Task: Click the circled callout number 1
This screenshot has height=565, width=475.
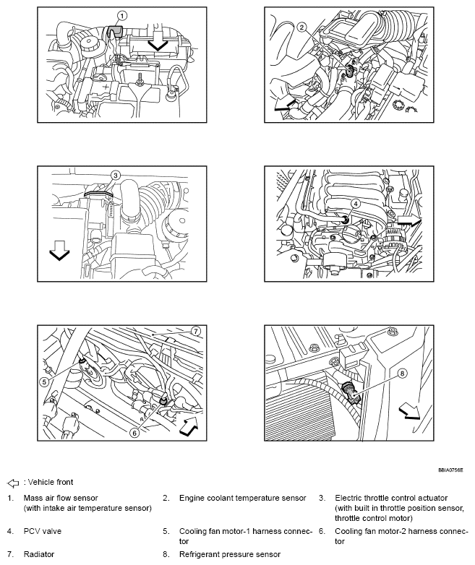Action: (x=122, y=15)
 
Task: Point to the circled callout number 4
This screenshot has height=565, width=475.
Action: (x=355, y=204)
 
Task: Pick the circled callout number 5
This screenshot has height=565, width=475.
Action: (x=43, y=382)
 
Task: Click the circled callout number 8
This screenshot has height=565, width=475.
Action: (x=403, y=374)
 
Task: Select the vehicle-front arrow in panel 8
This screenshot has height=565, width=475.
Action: (x=408, y=410)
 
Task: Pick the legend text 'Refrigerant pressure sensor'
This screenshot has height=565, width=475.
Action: (x=230, y=554)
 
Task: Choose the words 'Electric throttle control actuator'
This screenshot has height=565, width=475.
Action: (x=391, y=498)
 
